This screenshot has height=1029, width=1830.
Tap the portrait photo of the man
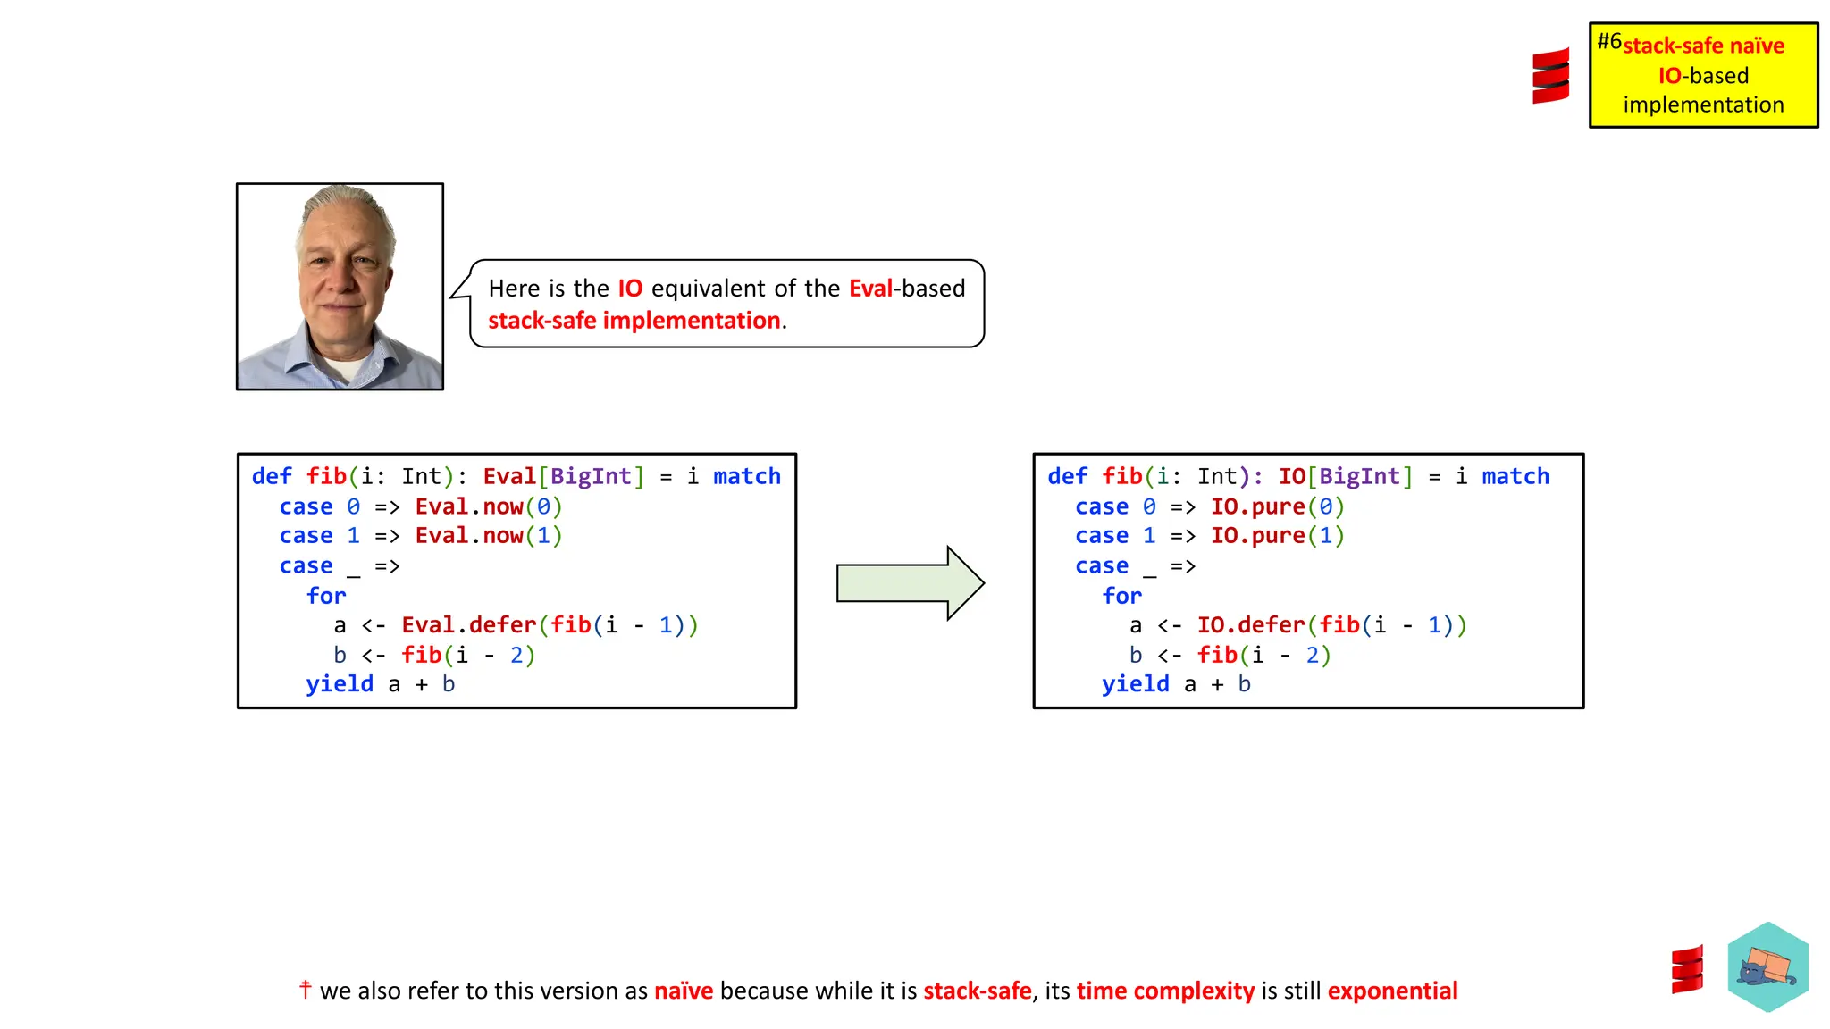point(340,287)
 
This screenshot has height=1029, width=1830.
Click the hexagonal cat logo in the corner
point(1767,966)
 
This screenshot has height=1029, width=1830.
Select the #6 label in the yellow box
point(1609,41)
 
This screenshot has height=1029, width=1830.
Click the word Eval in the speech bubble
point(870,289)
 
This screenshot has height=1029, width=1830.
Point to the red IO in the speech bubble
point(630,289)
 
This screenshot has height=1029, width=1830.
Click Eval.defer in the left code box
point(468,625)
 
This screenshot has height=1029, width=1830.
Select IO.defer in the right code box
point(1251,625)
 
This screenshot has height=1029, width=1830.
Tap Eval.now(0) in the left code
point(488,507)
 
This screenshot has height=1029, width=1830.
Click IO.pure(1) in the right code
point(1277,536)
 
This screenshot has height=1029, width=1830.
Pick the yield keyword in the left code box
point(340,684)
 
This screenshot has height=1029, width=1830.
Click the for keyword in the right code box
point(1121,596)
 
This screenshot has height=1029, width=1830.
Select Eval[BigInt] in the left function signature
point(563,477)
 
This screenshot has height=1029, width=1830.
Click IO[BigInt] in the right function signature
point(1346,477)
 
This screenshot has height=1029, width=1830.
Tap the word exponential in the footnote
point(1392,991)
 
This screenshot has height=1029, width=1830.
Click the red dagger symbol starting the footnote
point(306,989)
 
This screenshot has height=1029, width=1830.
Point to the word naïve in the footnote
point(684,991)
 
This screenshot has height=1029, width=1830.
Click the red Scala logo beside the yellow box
point(1550,76)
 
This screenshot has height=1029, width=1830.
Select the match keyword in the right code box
point(1515,477)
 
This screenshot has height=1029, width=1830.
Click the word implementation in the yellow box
point(1703,105)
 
